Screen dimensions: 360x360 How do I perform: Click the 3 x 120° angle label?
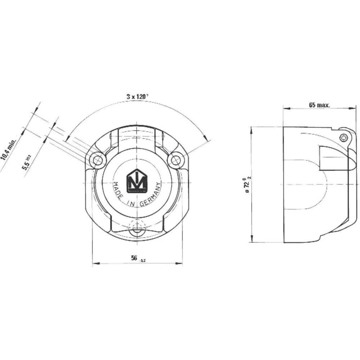(138, 96)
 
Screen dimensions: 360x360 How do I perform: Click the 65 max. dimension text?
(319, 105)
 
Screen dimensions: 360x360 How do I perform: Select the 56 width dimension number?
(135, 258)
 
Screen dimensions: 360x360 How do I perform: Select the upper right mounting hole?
(176, 160)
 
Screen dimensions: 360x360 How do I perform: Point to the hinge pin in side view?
(344, 137)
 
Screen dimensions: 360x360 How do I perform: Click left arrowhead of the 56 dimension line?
(95, 264)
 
